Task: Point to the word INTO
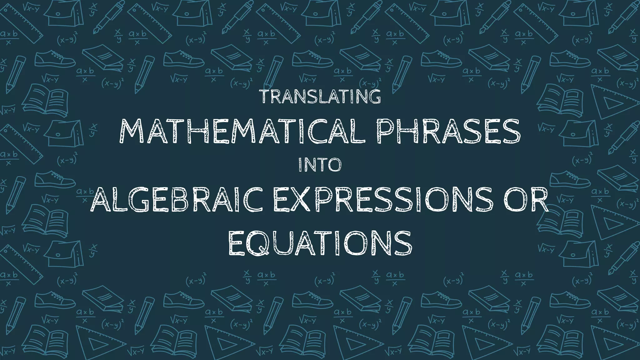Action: point(320,165)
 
